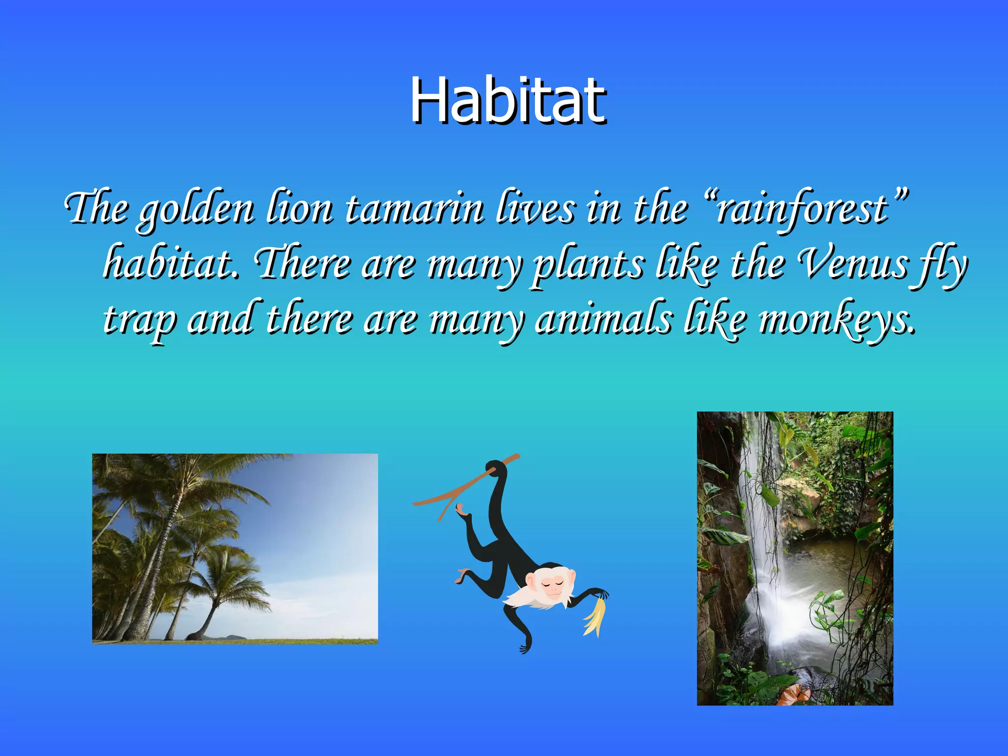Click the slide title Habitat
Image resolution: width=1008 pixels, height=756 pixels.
click(x=508, y=101)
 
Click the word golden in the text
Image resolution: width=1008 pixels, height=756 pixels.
click(x=196, y=209)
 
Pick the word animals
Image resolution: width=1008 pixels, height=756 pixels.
click(x=603, y=320)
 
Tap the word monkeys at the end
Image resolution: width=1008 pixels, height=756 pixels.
click(x=837, y=320)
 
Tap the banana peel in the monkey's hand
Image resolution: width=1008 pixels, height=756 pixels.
click(x=594, y=618)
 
